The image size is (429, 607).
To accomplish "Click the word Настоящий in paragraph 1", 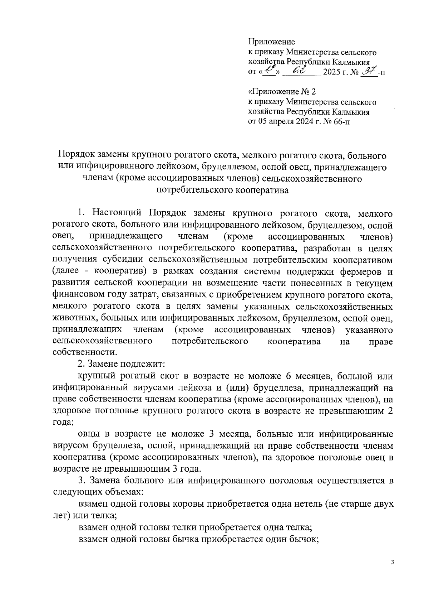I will coord(118,214).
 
